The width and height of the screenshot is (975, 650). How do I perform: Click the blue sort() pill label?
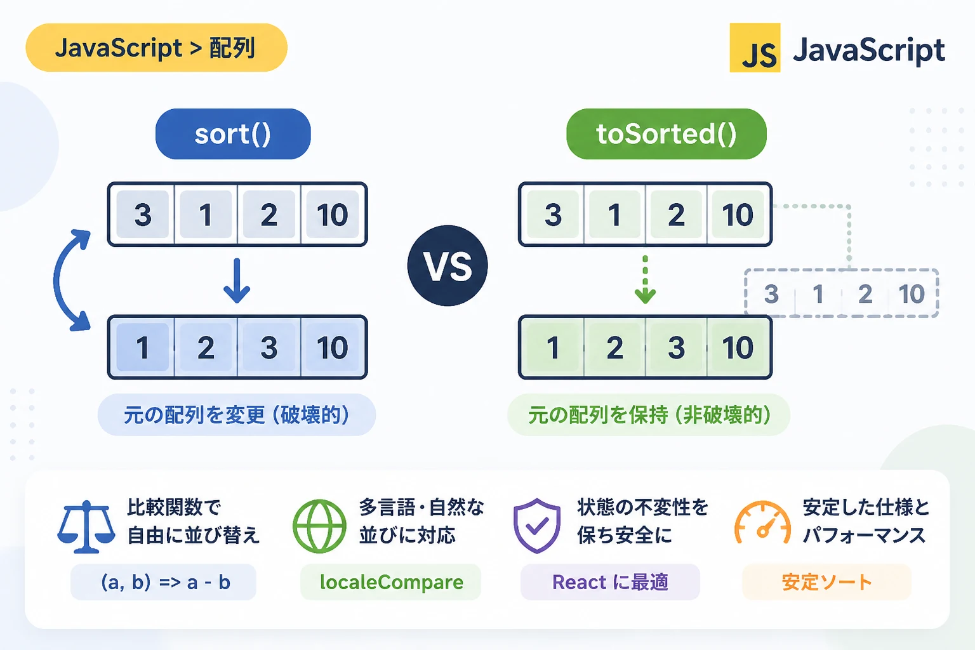[x=233, y=134]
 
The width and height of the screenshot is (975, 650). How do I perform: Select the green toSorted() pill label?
[x=666, y=134]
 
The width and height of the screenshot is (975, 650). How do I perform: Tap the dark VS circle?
[x=448, y=265]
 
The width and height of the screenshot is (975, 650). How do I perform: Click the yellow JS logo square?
[x=755, y=48]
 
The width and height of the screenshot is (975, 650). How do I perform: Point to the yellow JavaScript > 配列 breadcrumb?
[x=156, y=48]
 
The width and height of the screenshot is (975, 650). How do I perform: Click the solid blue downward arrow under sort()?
[x=236, y=281]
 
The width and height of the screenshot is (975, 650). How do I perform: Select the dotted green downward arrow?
[x=645, y=280]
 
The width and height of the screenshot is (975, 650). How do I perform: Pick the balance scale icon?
[x=86, y=527]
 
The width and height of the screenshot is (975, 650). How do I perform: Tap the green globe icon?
[x=319, y=526]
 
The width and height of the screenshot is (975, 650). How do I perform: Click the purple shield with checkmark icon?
[x=536, y=526]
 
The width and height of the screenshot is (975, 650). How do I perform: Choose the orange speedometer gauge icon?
[x=762, y=522]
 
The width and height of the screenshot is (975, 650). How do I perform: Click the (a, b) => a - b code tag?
[x=164, y=582]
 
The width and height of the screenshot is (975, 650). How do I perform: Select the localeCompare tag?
[x=391, y=582]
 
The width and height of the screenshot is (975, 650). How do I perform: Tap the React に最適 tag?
[x=610, y=582]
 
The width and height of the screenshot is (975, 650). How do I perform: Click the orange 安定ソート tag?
[x=826, y=582]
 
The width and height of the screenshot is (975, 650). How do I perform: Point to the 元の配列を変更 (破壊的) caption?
[x=237, y=415]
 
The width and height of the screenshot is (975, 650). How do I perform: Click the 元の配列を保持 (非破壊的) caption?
[x=649, y=415]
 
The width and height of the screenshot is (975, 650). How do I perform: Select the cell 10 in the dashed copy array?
[x=912, y=293]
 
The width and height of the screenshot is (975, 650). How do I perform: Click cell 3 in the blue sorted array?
[x=269, y=347]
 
